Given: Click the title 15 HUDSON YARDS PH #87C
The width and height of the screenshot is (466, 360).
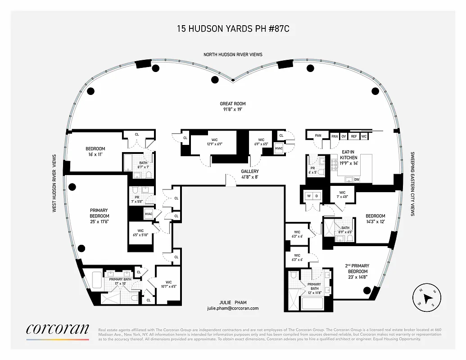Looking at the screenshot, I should pos(233,29).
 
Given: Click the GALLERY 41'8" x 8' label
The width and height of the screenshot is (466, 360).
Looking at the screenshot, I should pos(249,174).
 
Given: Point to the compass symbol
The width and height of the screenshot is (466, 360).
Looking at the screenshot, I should pos(426,298).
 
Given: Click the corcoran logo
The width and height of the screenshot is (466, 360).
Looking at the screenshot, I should pos(57,329).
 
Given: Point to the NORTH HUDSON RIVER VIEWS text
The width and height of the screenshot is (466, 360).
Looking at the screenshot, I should pos(233,54).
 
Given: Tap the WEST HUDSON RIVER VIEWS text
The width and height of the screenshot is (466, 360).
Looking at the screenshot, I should pos(54,183).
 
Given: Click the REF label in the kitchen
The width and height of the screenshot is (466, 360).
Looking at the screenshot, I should pos(354,136).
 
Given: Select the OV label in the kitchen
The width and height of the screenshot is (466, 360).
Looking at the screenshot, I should pos(344,136).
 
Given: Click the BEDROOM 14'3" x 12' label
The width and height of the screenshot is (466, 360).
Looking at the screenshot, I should pos(375,219).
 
